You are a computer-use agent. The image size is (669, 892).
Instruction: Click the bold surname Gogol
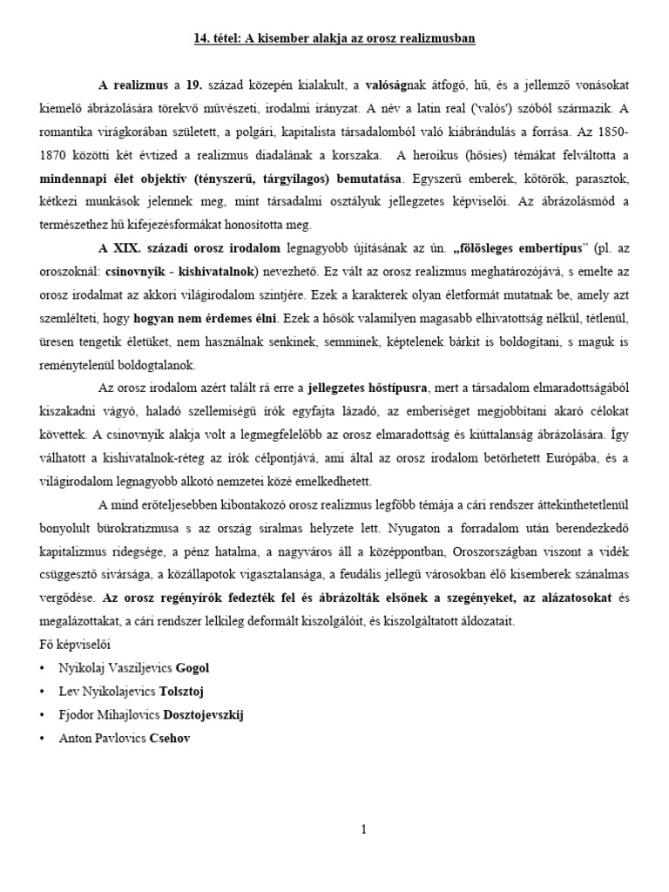[x=193, y=668]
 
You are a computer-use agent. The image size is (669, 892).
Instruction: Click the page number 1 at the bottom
[x=363, y=830]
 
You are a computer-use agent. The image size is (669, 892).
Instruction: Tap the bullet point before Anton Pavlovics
[x=43, y=738]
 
